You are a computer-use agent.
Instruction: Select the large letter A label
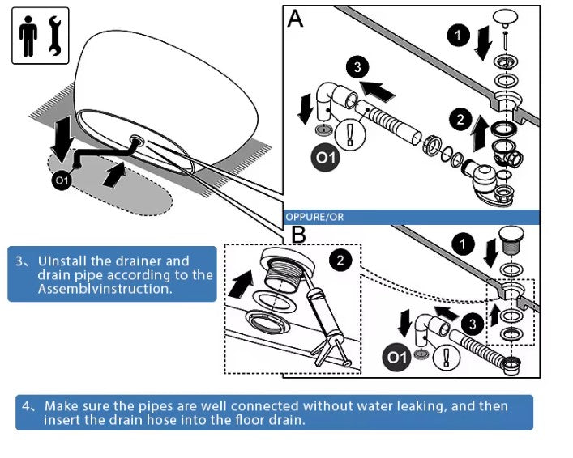click(296, 19)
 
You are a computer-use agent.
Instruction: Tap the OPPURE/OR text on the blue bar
click(314, 217)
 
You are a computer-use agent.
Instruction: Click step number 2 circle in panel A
click(461, 121)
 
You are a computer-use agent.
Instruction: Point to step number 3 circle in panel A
click(357, 68)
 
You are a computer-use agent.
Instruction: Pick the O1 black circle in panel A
click(326, 157)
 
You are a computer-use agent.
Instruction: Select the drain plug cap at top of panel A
click(507, 17)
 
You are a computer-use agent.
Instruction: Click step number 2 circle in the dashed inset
click(341, 260)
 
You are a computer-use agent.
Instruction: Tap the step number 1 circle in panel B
click(463, 244)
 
